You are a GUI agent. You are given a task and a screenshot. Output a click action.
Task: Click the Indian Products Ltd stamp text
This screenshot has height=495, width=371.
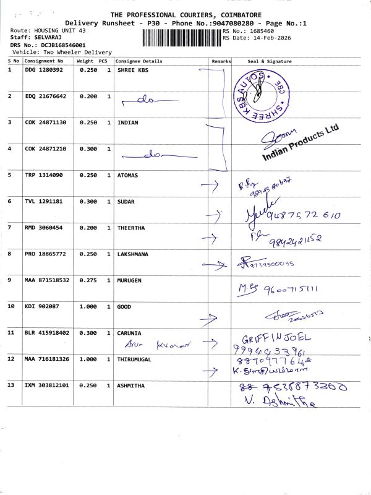pyautogui.click(x=301, y=144)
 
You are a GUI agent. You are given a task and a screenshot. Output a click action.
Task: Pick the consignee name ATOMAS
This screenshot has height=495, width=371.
pyautogui.click(x=129, y=175)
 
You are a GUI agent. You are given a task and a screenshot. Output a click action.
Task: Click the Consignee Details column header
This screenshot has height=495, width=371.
pyautogui.click(x=139, y=61)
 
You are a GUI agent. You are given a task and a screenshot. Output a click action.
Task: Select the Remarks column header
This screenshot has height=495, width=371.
pyautogui.click(x=221, y=61)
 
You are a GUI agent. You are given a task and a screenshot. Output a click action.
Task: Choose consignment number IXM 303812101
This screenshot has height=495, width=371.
pyautogui.click(x=46, y=385)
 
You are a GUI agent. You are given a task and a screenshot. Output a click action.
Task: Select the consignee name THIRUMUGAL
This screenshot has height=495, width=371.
pyautogui.click(x=134, y=359)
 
